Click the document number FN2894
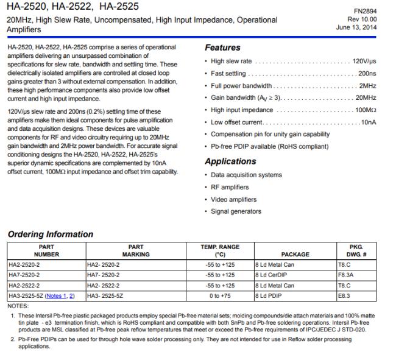(x=373, y=10)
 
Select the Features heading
(x=222, y=48)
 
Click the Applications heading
(x=230, y=161)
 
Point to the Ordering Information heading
(x=50, y=234)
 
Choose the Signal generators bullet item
(x=236, y=211)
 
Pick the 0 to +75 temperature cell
(x=220, y=295)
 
